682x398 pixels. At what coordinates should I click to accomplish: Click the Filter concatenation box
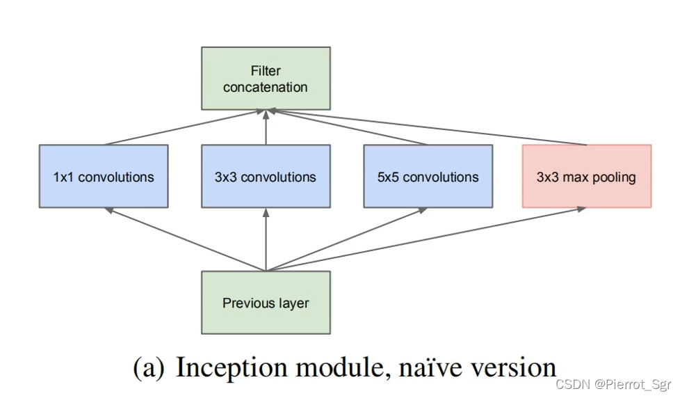tap(266, 79)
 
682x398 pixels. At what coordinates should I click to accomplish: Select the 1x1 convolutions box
tap(104, 176)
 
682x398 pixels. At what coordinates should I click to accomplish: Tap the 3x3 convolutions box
tap(266, 176)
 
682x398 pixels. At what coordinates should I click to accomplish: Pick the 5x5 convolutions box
tap(428, 176)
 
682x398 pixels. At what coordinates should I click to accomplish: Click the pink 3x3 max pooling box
tap(586, 176)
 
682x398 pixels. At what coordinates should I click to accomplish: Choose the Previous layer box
tap(266, 302)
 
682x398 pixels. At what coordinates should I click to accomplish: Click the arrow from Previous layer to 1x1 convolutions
tap(184, 239)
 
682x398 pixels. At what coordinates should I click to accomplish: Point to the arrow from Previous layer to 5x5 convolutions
tap(347, 239)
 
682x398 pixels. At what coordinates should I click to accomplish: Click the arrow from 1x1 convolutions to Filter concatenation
tap(184, 127)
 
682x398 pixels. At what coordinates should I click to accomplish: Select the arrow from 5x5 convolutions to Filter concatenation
tap(347, 127)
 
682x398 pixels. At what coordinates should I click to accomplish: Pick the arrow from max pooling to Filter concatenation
tap(428, 127)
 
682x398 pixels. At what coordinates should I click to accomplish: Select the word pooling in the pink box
tap(612, 177)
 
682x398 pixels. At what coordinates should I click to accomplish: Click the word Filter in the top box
tap(266, 71)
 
